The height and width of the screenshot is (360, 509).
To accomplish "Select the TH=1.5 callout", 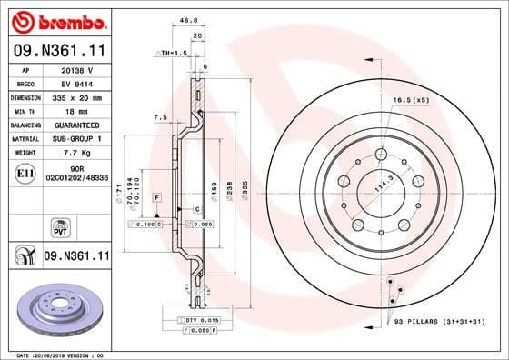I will coord(171,54).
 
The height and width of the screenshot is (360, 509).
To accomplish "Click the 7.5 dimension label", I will coord(161,116).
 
